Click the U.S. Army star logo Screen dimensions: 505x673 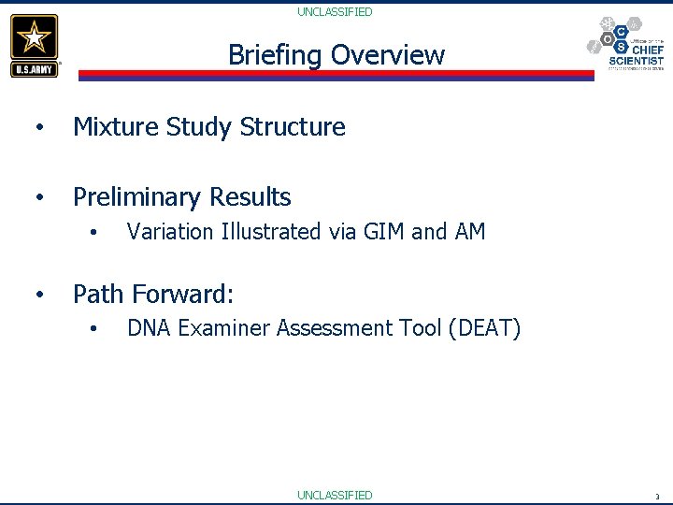[35, 45]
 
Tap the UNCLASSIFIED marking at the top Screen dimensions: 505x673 [335, 12]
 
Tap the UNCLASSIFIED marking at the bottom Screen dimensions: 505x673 [335, 495]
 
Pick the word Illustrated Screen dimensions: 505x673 [271, 232]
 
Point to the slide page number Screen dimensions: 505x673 [657, 497]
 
